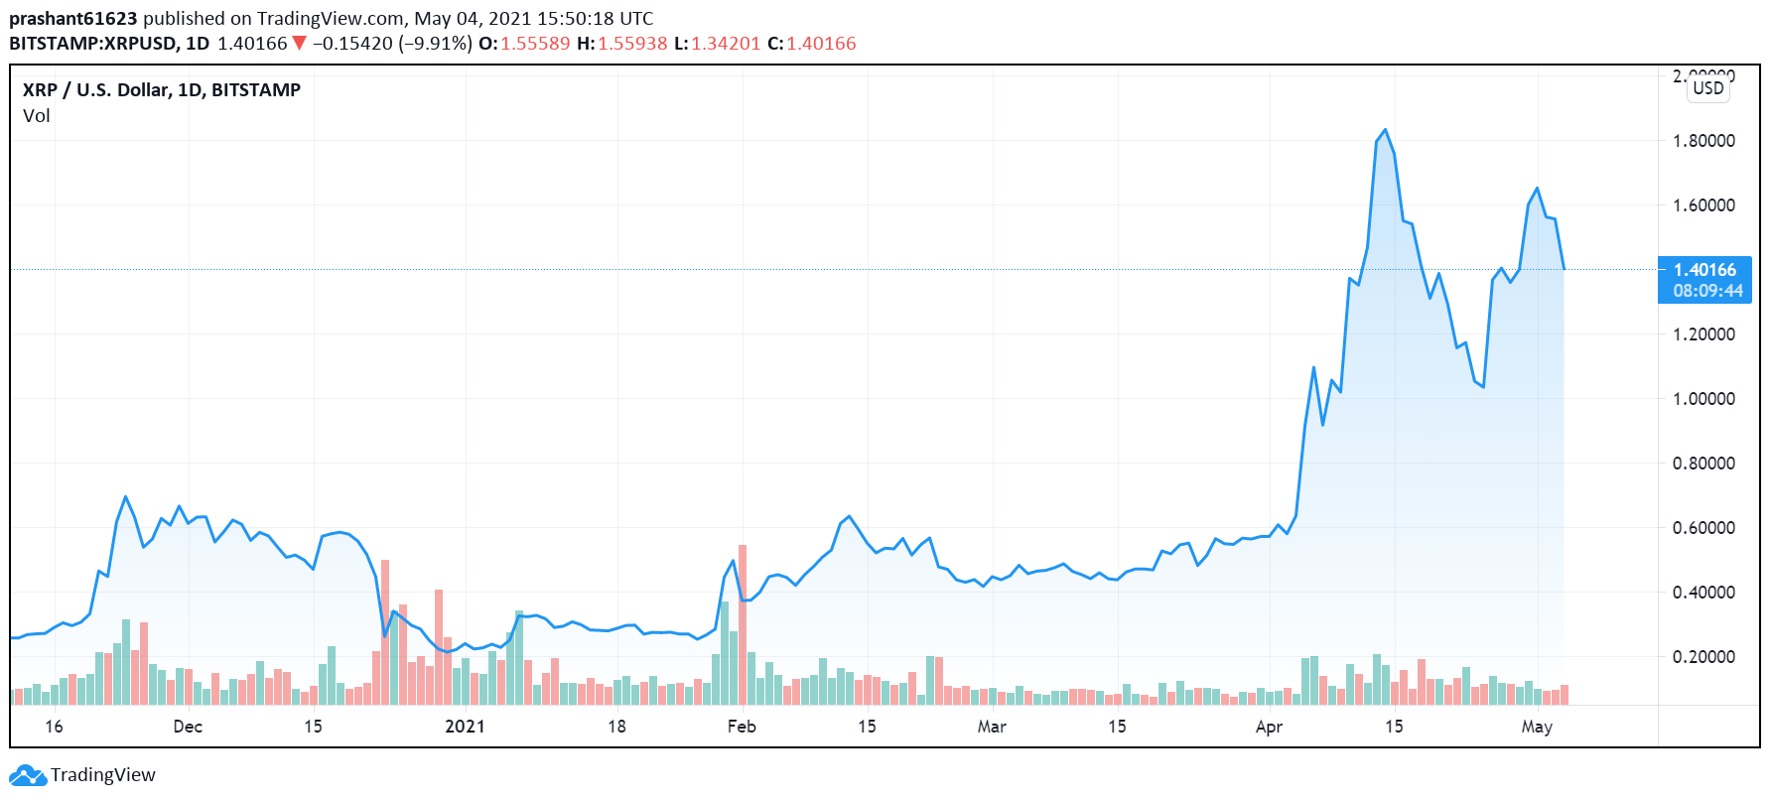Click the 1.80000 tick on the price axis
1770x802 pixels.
click(x=1703, y=141)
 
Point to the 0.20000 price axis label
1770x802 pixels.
click(x=1703, y=657)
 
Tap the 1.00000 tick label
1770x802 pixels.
click(x=1703, y=399)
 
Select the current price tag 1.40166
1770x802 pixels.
click(x=1704, y=270)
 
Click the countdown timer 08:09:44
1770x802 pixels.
click(x=1707, y=291)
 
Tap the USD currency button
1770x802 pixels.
click(x=1708, y=88)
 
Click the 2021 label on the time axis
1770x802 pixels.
click(x=465, y=727)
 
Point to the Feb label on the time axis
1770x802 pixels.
click(x=742, y=727)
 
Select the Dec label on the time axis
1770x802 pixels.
click(x=188, y=727)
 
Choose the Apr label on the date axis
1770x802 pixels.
click(x=1269, y=727)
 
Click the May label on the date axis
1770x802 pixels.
click(x=1537, y=727)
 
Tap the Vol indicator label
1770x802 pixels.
click(x=37, y=116)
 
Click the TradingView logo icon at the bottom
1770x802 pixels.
click(x=27, y=775)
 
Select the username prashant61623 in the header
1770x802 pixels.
click(x=73, y=18)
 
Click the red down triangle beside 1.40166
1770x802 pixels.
click(x=299, y=44)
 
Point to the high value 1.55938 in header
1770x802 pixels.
click(x=632, y=44)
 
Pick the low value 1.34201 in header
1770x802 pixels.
click(x=726, y=44)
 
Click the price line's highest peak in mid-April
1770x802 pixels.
click(x=1385, y=130)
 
